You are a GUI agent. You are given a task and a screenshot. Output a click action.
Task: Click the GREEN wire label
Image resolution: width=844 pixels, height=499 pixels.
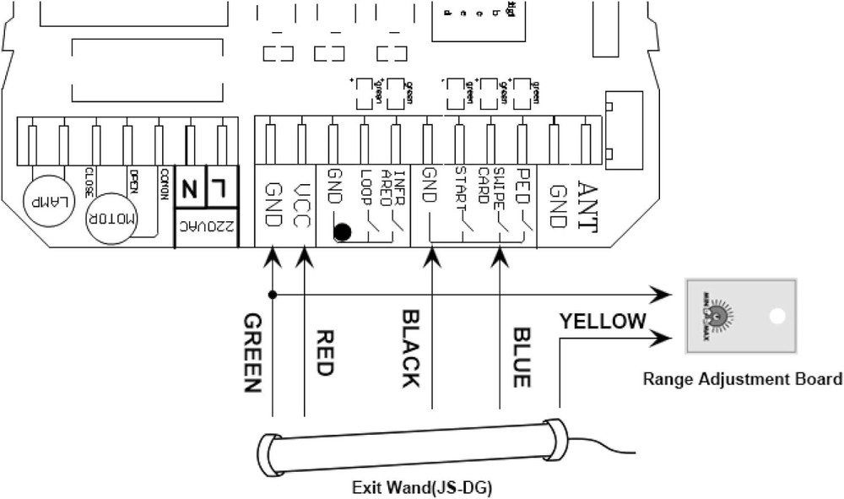tap(251, 353)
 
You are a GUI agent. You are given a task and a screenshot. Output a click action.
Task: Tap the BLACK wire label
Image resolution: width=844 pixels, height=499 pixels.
tap(409, 348)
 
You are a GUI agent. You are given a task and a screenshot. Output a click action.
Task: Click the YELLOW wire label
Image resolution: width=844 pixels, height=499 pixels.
tap(602, 321)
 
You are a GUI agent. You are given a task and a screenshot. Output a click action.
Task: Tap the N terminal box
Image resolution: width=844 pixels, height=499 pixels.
tap(190, 187)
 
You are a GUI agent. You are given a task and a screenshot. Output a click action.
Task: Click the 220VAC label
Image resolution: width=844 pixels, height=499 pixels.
tap(203, 226)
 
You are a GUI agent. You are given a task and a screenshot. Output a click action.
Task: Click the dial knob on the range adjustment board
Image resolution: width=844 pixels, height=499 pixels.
tap(718, 316)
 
